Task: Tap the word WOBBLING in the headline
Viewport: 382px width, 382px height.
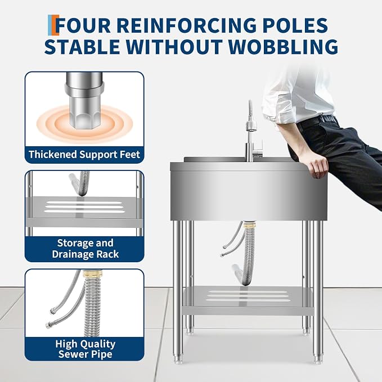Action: pos(283,46)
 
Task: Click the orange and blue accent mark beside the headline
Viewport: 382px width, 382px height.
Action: pos(53,25)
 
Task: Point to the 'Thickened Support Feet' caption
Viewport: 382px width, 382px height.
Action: pos(84,155)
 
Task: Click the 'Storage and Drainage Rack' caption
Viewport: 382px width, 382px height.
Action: pos(85,249)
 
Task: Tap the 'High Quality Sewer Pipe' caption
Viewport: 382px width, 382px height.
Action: pos(85,349)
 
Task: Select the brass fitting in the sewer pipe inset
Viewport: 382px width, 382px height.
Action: pos(92,273)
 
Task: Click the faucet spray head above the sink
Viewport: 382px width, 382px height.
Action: pos(251,125)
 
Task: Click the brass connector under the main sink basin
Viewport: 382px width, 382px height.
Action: pos(249,224)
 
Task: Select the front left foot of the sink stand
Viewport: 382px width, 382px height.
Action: pos(177,360)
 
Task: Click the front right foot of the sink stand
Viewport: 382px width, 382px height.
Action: pos(317,359)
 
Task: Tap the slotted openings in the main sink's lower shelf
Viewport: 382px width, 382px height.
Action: pos(249,296)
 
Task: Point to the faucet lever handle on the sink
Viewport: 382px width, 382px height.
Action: pos(258,149)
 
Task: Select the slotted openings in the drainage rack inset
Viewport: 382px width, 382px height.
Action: pos(84,207)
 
